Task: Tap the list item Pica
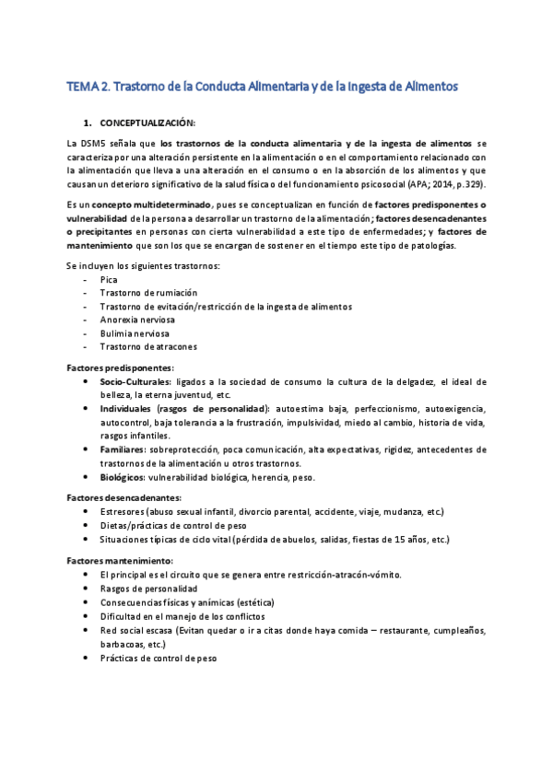tap(109, 278)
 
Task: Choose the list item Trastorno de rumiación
tap(148, 292)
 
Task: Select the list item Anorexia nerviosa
tap(139, 320)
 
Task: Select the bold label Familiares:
tap(128, 449)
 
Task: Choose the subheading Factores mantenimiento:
tap(121, 560)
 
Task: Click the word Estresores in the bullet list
tap(123, 511)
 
